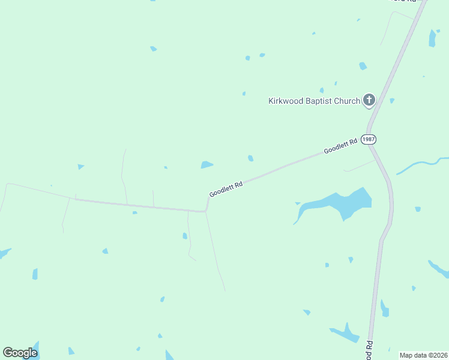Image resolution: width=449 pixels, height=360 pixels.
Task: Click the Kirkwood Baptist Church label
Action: pos(313,101)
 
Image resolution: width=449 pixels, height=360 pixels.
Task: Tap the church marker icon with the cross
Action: pos(369,100)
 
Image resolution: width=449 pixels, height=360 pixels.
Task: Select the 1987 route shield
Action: pos(369,139)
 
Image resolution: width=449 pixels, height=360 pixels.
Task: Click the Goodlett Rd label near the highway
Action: pos(340,145)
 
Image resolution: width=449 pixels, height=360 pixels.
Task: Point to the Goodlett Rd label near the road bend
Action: pos(226,190)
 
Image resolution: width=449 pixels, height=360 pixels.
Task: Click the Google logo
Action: pos(20,353)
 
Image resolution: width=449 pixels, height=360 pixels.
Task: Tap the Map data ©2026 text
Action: pos(423,355)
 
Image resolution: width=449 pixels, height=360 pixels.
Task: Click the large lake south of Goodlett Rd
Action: pos(341,203)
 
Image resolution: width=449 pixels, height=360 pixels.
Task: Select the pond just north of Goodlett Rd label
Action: pos(206,164)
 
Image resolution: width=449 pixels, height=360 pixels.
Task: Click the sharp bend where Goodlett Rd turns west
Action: pos(206,211)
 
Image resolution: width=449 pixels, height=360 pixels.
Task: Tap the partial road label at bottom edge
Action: pos(370,349)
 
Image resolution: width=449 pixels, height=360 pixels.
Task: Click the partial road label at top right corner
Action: pos(403,2)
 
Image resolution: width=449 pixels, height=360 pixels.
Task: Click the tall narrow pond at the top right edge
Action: pos(432,38)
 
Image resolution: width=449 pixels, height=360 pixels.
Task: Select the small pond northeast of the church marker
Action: pos(392,101)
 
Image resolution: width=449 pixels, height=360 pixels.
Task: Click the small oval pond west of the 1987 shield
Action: pos(250,158)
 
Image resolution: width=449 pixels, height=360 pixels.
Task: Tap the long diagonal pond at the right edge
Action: pos(438,269)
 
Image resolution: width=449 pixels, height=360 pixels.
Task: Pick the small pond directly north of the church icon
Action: pos(363,66)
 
